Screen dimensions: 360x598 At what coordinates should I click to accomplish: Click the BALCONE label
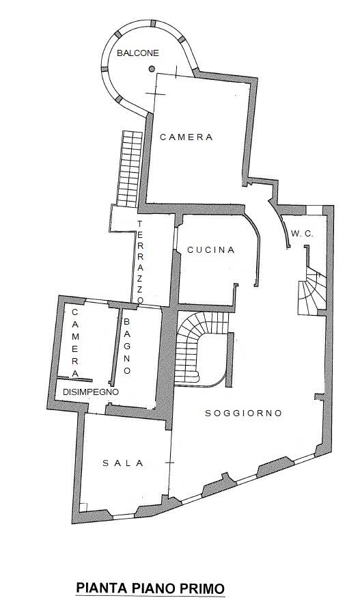[138, 53]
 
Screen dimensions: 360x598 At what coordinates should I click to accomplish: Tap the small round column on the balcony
[152, 69]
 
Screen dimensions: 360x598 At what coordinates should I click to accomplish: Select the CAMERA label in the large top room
[186, 137]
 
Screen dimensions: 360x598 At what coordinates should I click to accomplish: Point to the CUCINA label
[211, 250]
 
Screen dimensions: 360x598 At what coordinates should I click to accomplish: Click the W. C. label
[302, 234]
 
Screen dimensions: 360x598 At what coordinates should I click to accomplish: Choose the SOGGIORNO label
[243, 413]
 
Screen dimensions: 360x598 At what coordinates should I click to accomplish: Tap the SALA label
[123, 463]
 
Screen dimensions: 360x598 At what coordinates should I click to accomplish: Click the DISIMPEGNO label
[91, 392]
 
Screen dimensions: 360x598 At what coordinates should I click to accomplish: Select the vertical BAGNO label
[127, 346]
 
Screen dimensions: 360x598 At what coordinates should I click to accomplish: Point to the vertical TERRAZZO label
[140, 262]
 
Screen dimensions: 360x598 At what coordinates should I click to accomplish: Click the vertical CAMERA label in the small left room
[74, 342]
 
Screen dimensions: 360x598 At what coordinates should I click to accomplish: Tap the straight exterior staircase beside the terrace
[130, 169]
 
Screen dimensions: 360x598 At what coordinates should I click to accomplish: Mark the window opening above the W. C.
[315, 210]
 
